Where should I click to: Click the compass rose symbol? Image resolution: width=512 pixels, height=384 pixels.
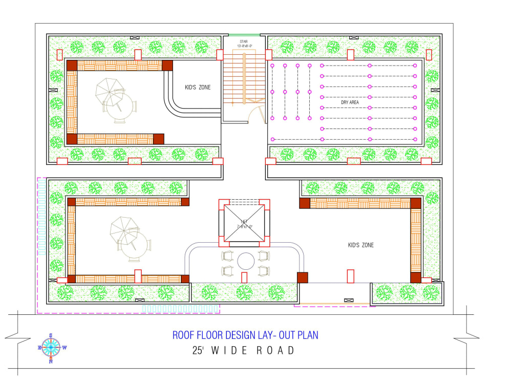51,348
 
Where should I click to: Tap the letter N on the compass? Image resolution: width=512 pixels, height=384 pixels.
51,361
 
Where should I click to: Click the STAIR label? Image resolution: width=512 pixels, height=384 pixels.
244,41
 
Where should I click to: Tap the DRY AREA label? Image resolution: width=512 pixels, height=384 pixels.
350,102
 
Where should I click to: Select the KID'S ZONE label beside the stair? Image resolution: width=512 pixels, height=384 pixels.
198,88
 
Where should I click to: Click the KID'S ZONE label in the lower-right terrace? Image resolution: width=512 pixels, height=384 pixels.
360,245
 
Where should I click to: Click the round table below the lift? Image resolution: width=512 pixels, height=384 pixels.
246,261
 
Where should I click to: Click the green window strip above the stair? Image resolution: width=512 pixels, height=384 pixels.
244,35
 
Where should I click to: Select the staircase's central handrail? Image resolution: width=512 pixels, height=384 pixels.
244,77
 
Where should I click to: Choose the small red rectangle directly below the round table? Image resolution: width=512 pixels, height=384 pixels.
244,277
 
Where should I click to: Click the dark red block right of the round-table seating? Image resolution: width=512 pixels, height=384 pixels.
303,278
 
